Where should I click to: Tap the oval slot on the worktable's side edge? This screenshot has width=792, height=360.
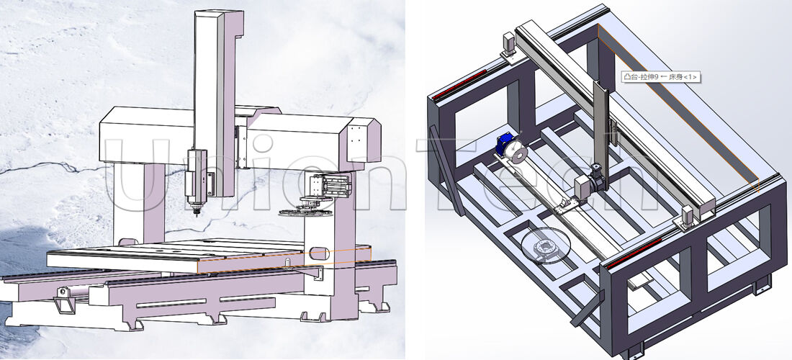click(320, 253)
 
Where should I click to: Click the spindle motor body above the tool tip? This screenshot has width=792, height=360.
click(195, 173)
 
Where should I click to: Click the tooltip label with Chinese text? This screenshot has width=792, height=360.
click(659, 76)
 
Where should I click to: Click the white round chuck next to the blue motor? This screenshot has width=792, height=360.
click(516, 153)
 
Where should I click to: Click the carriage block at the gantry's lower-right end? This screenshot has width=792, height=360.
click(688, 215)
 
